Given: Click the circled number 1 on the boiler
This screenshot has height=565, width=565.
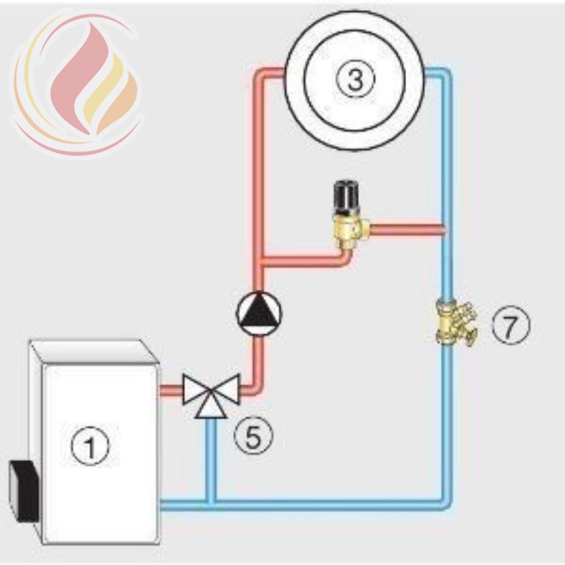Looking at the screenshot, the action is pos(89,446).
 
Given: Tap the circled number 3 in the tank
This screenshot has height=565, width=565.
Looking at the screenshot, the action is pos(355,79).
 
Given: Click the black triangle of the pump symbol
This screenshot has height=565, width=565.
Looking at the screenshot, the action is pos(259,310).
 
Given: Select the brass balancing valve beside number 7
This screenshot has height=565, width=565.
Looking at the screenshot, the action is pos(456,323).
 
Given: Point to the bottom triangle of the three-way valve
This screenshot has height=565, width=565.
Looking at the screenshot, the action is pos(211,408).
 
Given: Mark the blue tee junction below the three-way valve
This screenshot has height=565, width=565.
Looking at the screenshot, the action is pos(211,502).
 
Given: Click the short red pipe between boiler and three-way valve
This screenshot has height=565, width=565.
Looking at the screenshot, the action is pos(171,390).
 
